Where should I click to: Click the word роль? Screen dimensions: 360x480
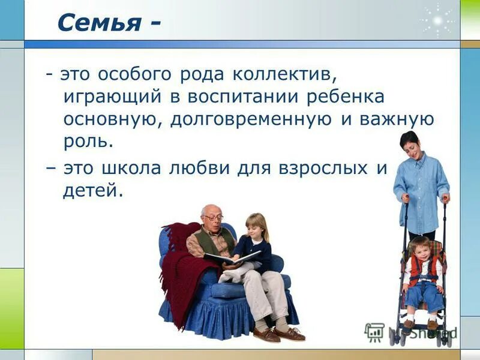(88, 142)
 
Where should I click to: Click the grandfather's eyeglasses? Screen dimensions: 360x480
(213, 217)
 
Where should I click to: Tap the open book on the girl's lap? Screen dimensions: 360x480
(231, 259)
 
